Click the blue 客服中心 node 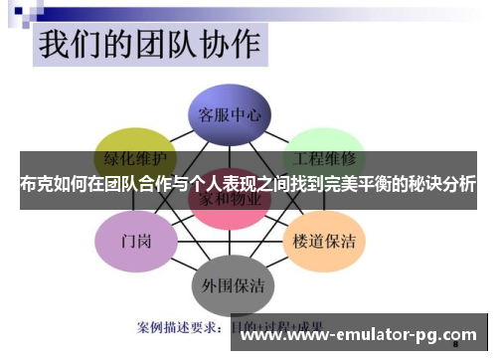pos(230,114)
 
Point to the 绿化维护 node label pos(135,157)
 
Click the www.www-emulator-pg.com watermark pos(359,335)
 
